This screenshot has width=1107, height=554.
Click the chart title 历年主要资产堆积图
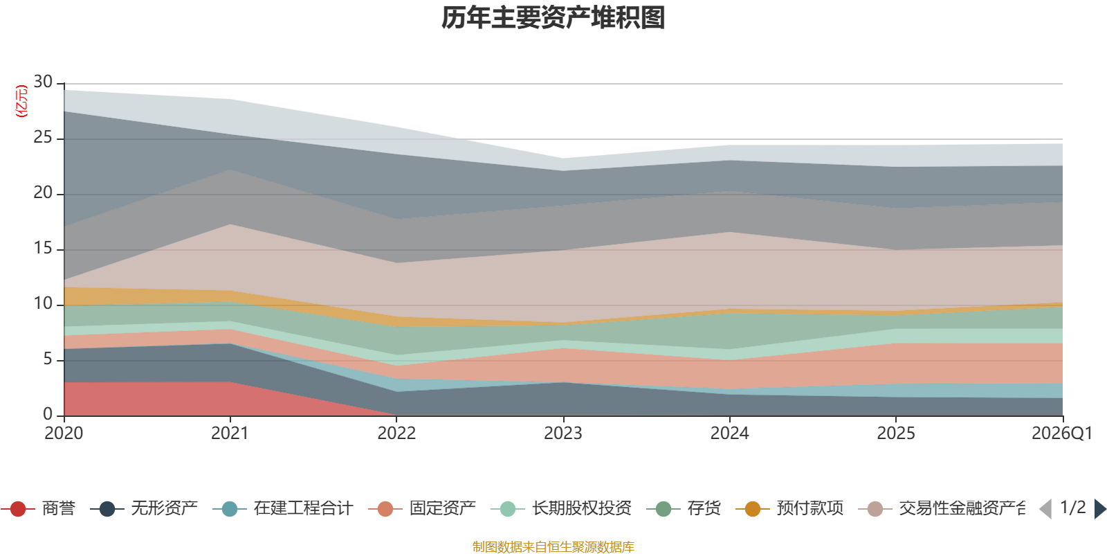point(553,18)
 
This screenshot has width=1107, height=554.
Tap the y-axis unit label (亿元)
point(21,101)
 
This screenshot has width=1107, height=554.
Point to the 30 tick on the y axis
point(43,82)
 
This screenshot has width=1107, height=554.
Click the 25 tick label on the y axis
point(43,138)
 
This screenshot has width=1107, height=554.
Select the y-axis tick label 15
point(43,249)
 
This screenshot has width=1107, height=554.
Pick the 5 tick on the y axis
point(48,359)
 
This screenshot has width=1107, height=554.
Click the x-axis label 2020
point(64,434)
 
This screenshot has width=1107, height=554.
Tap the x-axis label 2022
point(396,434)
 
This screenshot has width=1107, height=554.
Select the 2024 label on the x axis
point(729,434)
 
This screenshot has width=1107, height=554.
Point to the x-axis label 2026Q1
point(1061,434)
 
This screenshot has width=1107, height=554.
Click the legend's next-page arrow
point(1100,509)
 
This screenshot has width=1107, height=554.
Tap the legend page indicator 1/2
point(1072,508)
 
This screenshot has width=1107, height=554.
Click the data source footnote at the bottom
point(553,547)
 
